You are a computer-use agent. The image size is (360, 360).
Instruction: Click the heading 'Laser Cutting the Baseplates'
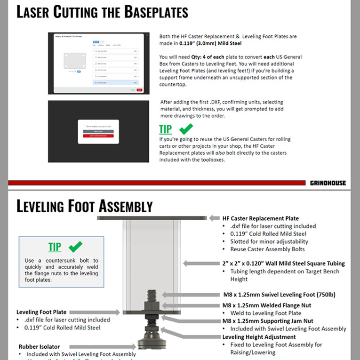pyautogui.click(x=102, y=12)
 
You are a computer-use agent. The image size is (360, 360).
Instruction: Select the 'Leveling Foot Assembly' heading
pyautogui.click(x=85, y=206)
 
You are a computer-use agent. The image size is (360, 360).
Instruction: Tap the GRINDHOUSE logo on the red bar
pyautogui.click(x=328, y=183)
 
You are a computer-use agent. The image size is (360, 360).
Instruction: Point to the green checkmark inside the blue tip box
pyautogui.click(x=75, y=246)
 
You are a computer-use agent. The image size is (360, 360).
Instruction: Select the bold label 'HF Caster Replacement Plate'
pyautogui.click(x=260, y=218)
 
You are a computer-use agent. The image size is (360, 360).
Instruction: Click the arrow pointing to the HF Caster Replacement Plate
pyautogui.click(x=214, y=218)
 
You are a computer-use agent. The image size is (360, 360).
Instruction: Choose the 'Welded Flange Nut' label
pyautogui.click(x=267, y=305)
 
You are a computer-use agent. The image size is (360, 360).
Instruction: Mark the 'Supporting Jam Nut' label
pyautogui.click(x=267, y=321)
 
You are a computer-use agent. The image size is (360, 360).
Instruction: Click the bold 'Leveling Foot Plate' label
pyautogui.click(x=41, y=312)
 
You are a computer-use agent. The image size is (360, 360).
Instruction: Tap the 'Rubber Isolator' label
pyautogui.click(x=39, y=346)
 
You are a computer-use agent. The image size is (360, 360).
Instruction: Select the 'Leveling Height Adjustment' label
pyautogui.click(x=259, y=337)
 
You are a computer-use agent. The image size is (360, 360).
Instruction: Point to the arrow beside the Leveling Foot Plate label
pyautogui.click(x=111, y=312)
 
